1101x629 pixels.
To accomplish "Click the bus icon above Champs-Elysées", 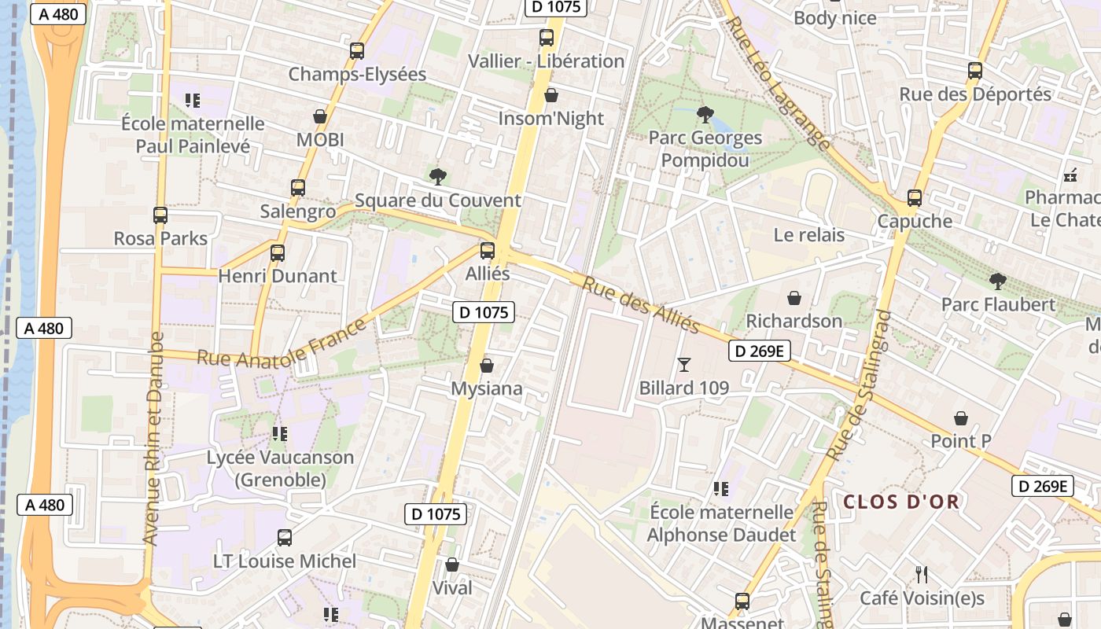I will coord(357,51).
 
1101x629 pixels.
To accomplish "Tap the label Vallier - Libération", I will coord(546,61).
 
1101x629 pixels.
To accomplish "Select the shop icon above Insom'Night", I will coord(552,96).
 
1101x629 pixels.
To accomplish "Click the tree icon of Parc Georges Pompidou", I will coord(705,115).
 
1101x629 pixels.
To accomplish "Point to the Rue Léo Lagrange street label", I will coord(779,85).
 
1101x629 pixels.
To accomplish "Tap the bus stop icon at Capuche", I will coord(914,198).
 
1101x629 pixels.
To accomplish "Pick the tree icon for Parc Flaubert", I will coord(998,281).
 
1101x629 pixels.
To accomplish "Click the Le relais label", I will coord(808,235).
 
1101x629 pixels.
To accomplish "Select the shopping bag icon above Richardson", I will coord(794,299).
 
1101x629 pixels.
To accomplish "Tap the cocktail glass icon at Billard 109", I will coord(683,365).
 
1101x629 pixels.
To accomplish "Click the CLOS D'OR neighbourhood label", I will coord(901,502).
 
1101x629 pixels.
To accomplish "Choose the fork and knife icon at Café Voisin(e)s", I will coord(922,575).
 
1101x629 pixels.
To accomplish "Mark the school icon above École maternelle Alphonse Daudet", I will coord(720,490).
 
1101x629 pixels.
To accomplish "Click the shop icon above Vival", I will coord(452,565).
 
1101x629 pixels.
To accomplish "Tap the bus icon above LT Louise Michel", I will coord(285,539).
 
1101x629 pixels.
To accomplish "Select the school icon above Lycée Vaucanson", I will coord(280,434).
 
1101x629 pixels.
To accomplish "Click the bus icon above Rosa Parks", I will coord(160,215).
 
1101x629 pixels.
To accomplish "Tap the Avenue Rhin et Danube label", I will coord(153,439).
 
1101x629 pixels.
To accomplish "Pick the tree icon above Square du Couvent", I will coord(438,177).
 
